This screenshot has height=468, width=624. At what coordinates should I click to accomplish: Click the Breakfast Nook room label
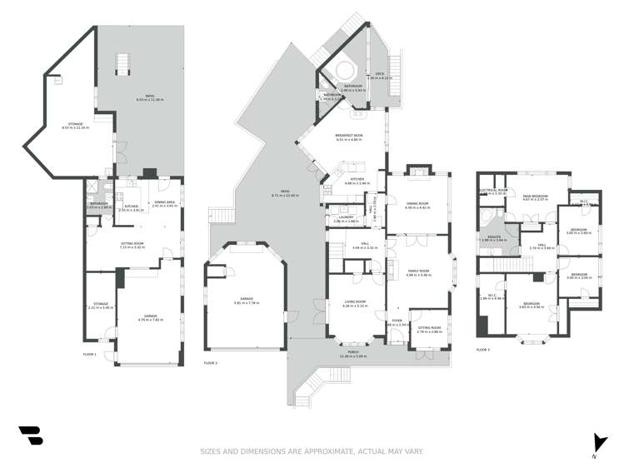(348, 138)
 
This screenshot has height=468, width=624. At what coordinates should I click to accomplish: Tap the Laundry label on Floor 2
(345, 219)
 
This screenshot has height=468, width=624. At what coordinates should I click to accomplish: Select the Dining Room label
(417, 205)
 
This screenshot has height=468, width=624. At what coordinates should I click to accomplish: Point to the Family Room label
(417, 272)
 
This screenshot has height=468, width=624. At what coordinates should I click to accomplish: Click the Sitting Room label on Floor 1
(132, 245)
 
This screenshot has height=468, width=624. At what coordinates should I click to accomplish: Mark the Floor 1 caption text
(90, 354)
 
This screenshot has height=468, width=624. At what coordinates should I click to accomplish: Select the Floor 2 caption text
(210, 362)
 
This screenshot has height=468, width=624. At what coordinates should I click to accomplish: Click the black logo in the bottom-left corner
(31, 436)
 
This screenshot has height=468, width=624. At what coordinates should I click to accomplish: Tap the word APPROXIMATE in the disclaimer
(326, 452)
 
